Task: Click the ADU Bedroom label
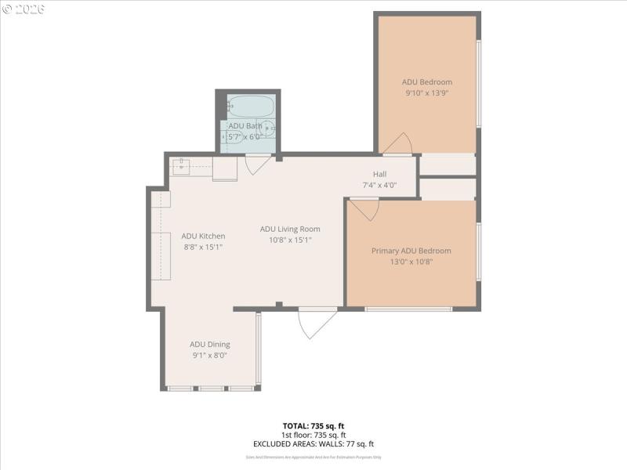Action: click(426, 81)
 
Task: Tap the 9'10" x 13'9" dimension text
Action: click(426, 92)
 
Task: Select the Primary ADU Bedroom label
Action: click(411, 251)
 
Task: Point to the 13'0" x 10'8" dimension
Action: click(411, 262)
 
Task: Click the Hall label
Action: click(379, 174)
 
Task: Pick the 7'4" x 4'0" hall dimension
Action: click(379, 186)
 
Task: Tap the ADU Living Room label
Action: click(290, 229)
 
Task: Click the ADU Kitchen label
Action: click(203, 236)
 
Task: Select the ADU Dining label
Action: click(209, 344)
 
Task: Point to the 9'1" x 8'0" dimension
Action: click(209, 355)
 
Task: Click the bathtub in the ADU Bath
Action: click(249, 107)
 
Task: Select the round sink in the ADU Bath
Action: click(267, 128)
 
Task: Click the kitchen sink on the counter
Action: click(183, 165)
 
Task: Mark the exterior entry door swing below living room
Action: click(315, 322)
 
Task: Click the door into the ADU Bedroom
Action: click(397, 144)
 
